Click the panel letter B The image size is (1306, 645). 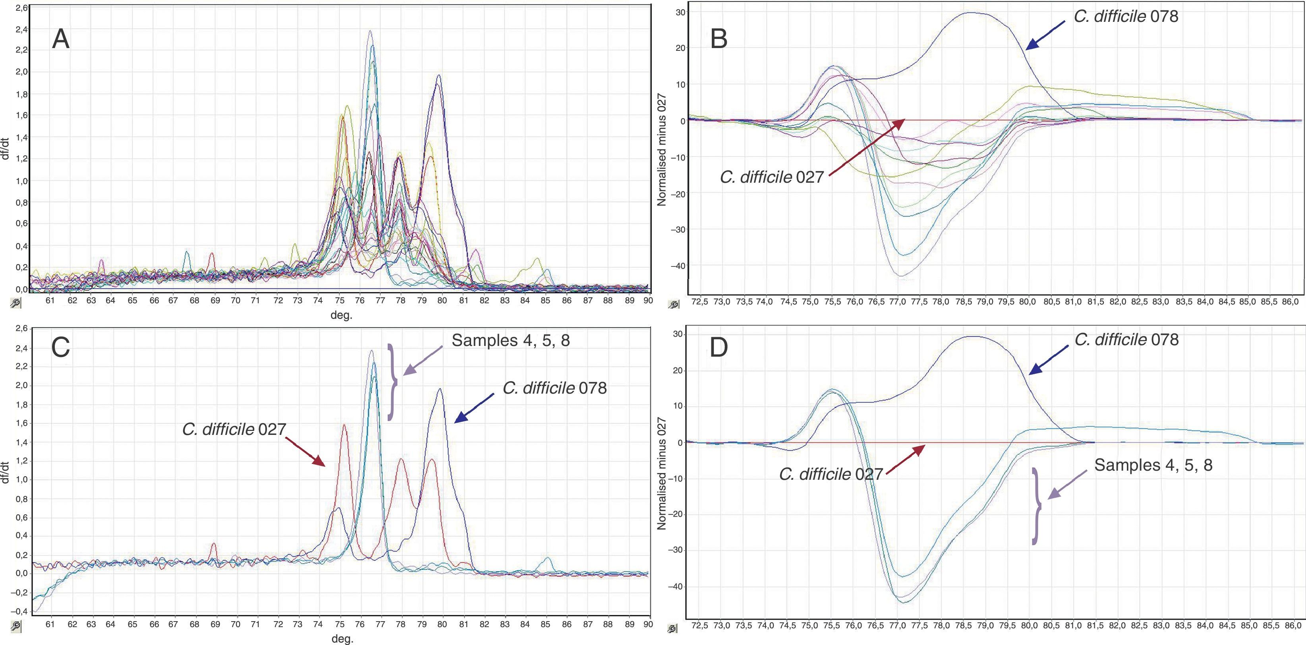[x=719, y=39]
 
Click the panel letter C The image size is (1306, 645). [x=61, y=348]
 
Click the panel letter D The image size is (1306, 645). [x=719, y=348]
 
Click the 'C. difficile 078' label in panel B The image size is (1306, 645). [x=1126, y=16]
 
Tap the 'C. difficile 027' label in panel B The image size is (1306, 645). [x=772, y=177]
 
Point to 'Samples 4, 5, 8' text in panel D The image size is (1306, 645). [x=1153, y=465]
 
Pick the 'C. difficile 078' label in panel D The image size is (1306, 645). [x=1126, y=339]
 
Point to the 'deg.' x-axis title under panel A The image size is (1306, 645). [x=341, y=315]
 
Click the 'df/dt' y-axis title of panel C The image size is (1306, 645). [x=6, y=471]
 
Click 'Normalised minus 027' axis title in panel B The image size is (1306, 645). [x=662, y=150]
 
